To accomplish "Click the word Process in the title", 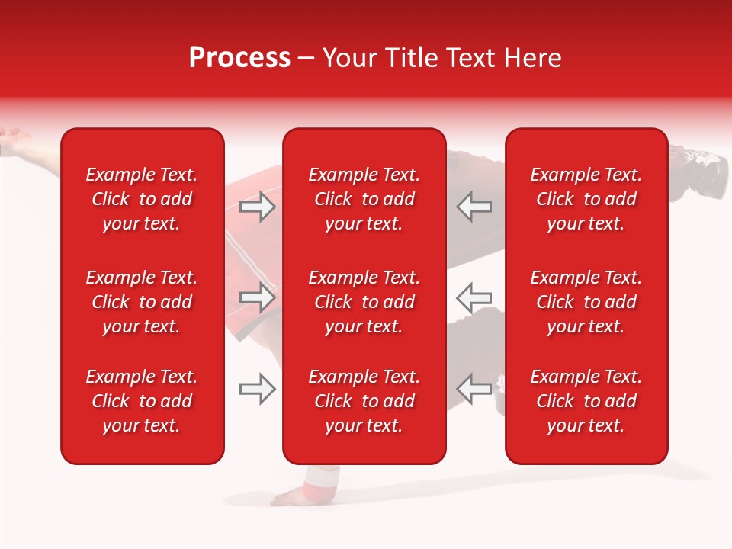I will [x=239, y=58].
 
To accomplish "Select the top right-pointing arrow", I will [x=258, y=206].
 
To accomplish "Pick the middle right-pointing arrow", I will [x=258, y=297].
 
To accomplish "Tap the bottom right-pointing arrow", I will [x=258, y=389].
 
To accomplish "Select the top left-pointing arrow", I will [x=474, y=206].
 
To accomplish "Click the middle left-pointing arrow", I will [x=474, y=297].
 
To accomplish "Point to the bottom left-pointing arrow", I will [x=474, y=389].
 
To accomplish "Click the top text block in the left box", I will [x=142, y=199].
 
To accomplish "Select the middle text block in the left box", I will [x=142, y=302].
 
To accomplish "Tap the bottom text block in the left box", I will [x=142, y=401].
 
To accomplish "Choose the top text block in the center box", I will [x=364, y=199].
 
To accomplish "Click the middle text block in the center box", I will [x=364, y=302].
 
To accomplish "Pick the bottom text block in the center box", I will [x=364, y=401].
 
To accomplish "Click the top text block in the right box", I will [x=586, y=199].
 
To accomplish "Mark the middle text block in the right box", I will [x=586, y=302].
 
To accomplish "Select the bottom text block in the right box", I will [x=586, y=401].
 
